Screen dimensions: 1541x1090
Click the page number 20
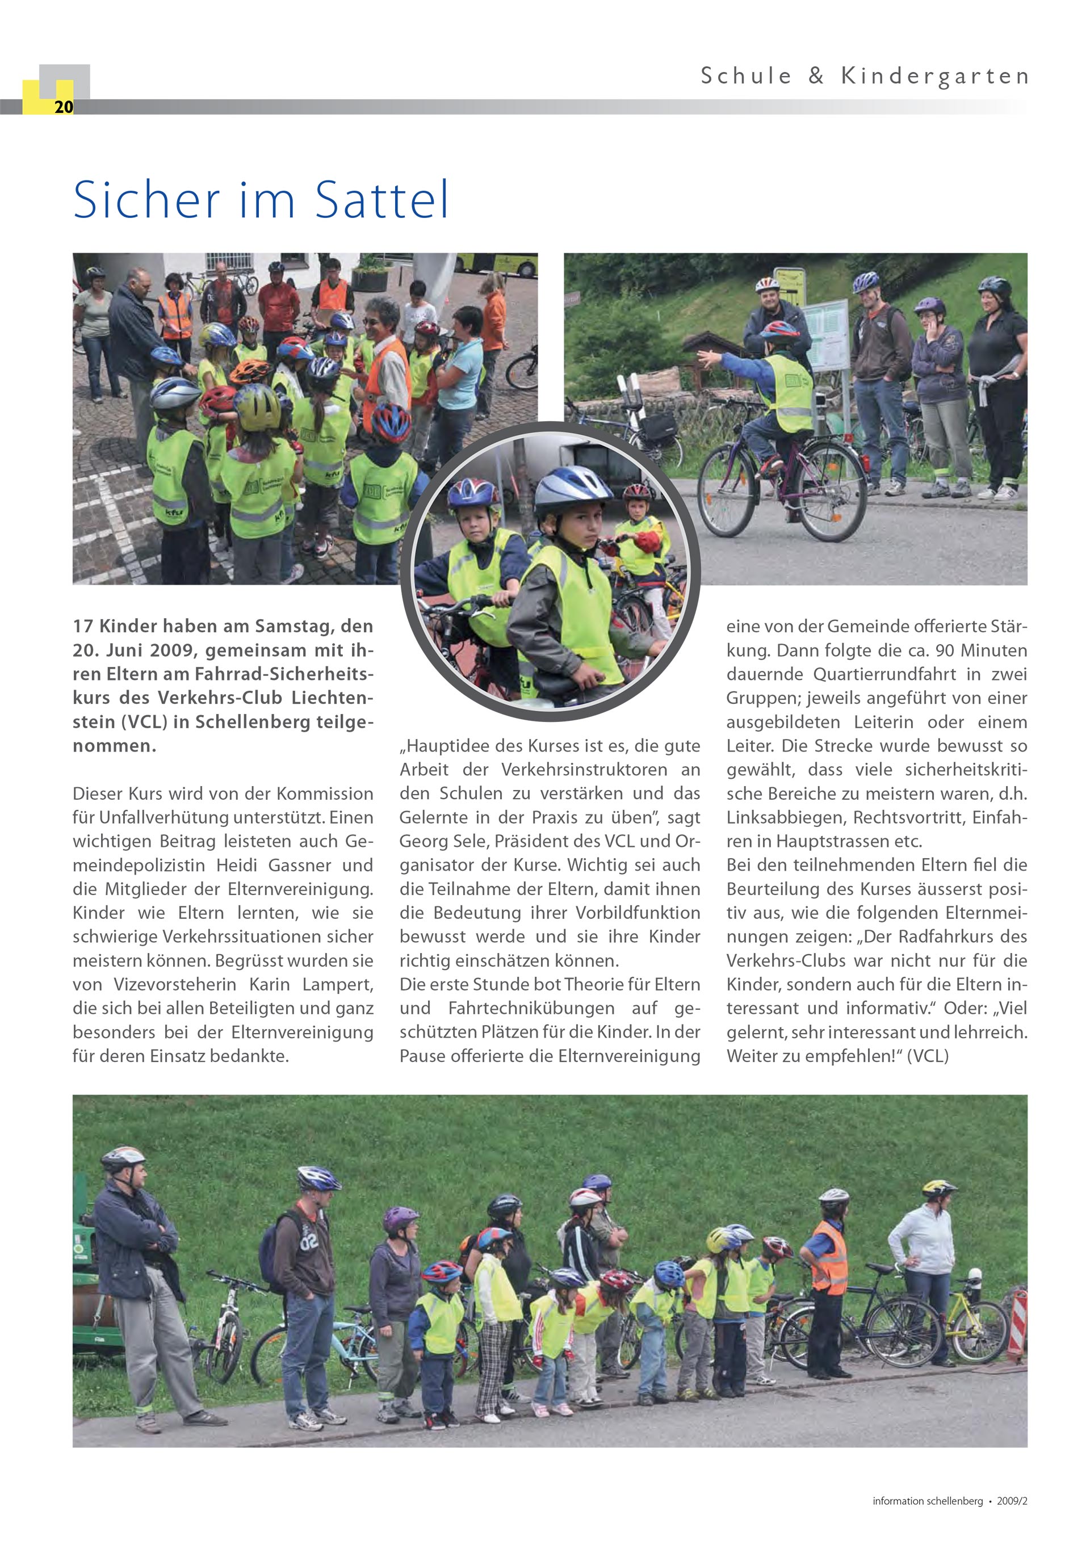click(64, 107)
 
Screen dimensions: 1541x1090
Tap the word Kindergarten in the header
click(935, 77)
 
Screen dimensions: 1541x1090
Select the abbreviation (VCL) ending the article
click(928, 1056)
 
